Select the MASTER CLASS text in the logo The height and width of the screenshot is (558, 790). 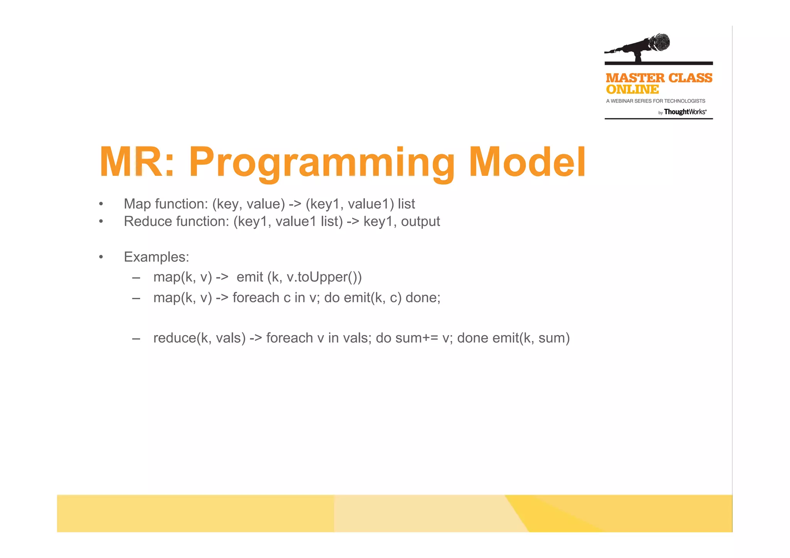click(659, 78)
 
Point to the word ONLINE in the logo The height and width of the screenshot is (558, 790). click(632, 89)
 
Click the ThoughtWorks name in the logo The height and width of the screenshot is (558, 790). click(685, 112)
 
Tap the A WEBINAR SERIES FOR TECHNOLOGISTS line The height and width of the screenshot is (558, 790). click(655, 101)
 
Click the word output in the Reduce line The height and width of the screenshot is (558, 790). click(420, 222)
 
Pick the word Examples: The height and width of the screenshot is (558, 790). click(156, 257)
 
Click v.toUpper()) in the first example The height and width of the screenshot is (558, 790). click(324, 277)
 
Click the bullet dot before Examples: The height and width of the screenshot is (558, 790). click(101, 257)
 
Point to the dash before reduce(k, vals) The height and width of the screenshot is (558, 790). click(136, 339)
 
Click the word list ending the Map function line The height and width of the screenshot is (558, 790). click(406, 204)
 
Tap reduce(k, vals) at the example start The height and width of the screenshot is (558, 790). click(199, 338)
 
